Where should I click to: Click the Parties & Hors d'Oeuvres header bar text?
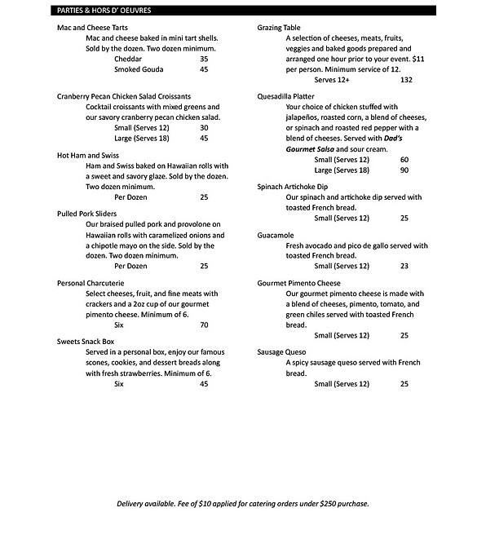(104, 10)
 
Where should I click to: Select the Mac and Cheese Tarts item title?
(92, 27)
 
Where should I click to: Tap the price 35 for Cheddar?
(204, 60)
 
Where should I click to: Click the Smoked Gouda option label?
(139, 70)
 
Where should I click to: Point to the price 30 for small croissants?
(204, 128)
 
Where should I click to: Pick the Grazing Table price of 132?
(406, 80)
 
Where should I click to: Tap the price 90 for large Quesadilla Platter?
(404, 170)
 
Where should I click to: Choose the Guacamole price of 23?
(404, 267)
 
